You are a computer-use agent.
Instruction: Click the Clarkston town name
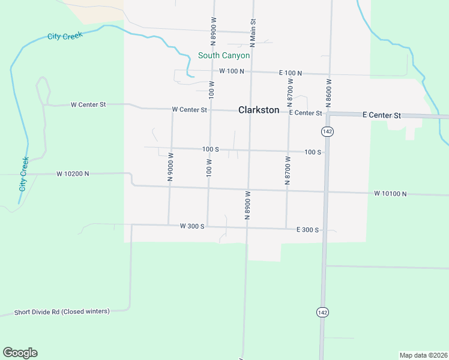click(259, 110)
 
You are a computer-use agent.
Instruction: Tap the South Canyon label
click(224, 56)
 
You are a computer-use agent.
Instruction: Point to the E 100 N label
click(290, 73)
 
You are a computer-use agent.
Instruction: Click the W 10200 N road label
click(73, 173)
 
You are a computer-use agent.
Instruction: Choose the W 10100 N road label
click(390, 194)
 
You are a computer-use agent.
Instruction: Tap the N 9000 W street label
click(170, 167)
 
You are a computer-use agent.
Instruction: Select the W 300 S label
click(192, 226)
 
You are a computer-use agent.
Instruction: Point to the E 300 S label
click(307, 230)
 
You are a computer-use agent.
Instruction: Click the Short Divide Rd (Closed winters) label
click(62, 312)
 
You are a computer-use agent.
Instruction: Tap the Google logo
click(20, 353)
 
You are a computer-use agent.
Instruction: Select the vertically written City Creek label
click(23, 174)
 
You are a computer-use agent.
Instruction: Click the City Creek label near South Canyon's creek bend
click(64, 35)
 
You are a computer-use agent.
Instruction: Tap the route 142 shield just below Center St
click(327, 131)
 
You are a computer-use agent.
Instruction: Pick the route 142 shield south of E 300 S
click(323, 312)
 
